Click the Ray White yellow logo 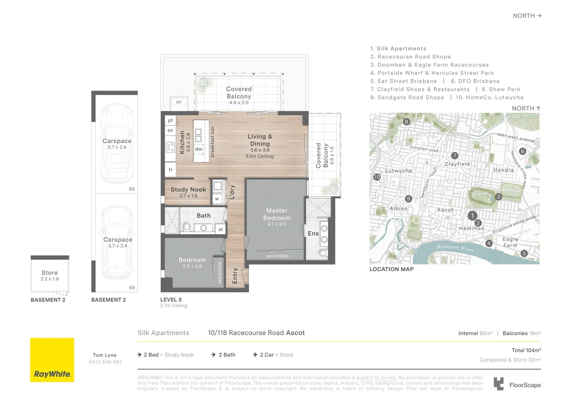pyautogui.click(x=52, y=360)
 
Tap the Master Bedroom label pyautogui.click(x=277, y=214)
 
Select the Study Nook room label pyautogui.click(x=188, y=190)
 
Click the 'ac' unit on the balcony pyautogui.click(x=179, y=102)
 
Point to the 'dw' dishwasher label pyautogui.click(x=198, y=149)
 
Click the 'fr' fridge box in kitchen pyautogui.click(x=170, y=169)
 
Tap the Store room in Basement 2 pyautogui.click(x=50, y=275)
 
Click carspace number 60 pyautogui.click(x=132, y=189)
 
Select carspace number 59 pyautogui.click(x=132, y=288)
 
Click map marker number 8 pyautogui.click(x=407, y=122)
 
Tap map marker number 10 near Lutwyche pyautogui.click(x=377, y=177)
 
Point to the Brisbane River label pyautogui.click(x=455, y=248)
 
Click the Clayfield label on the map pyautogui.click(x=457, y=164)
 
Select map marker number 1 pyautogui.click(x=472, y=215)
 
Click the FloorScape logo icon pyautogui.click(x=499, y=384)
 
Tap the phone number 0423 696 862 pyautogui.click(x=105, y=362)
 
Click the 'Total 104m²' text pyautogui.click(x=526, y=350)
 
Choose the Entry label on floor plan pyautogui.click(x=235, y=276)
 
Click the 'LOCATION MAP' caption pyautogui.click(x=391, y=269)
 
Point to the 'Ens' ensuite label pyautogui.click(x=313, y=233)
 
